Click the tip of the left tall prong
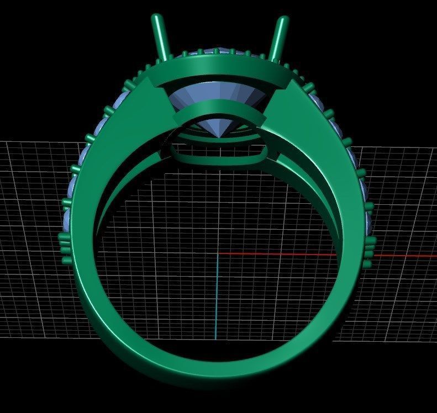click(156, 18)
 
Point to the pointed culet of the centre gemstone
click(220, 135)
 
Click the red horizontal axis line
click(309, 255)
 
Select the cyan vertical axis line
click(217, 298)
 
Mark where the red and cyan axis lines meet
click(217, 255)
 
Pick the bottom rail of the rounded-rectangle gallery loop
click(220, 161)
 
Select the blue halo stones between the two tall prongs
click(221, 53)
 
